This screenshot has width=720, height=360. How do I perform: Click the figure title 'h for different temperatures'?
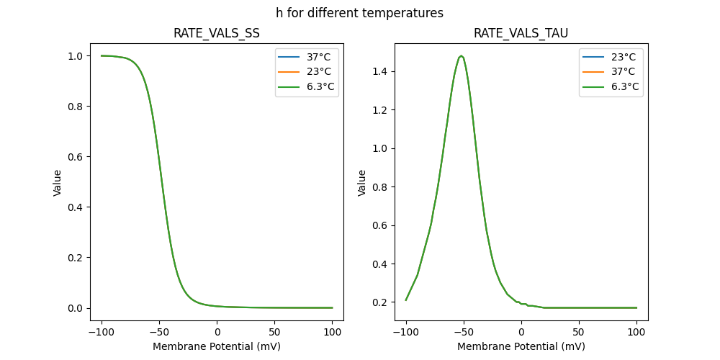click(359, 13)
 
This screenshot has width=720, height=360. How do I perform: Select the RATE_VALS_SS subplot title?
click(217, 33)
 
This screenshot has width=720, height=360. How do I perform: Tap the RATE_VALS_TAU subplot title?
click(521, 33)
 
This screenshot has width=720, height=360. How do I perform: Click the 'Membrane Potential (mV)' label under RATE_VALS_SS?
click(217, 346)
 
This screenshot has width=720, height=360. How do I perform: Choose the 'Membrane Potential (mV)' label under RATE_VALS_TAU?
click(521, 346)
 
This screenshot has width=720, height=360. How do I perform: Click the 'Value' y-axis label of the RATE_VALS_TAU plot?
click(362, 182)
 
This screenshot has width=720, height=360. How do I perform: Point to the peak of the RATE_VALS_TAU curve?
click(461, 55)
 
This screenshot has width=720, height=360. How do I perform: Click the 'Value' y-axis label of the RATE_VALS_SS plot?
click(58, 182)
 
